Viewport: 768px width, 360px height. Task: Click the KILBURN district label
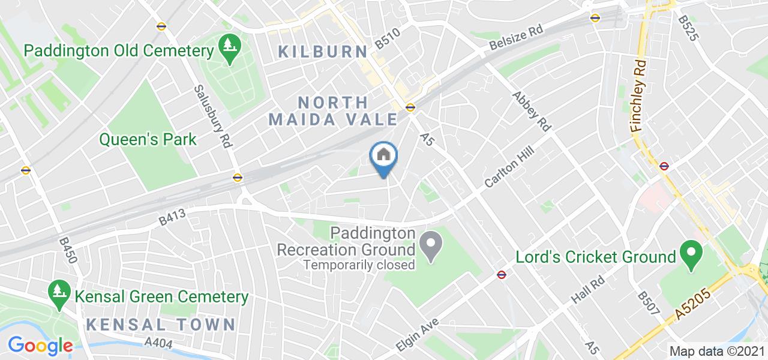pyautogui.click(x=323, y=52)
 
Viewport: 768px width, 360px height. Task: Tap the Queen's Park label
pyautogui.click(x=148, y=140)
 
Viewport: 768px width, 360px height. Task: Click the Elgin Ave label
pyautogui.click(x=418, y=335)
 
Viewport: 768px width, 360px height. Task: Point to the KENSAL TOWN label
pyautogui.click(x=161, y=325)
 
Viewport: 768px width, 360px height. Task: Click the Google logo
pyautogui.click(x=40, y=346)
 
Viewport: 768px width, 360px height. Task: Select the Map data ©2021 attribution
pyautogui.click(x=717, y=351)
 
